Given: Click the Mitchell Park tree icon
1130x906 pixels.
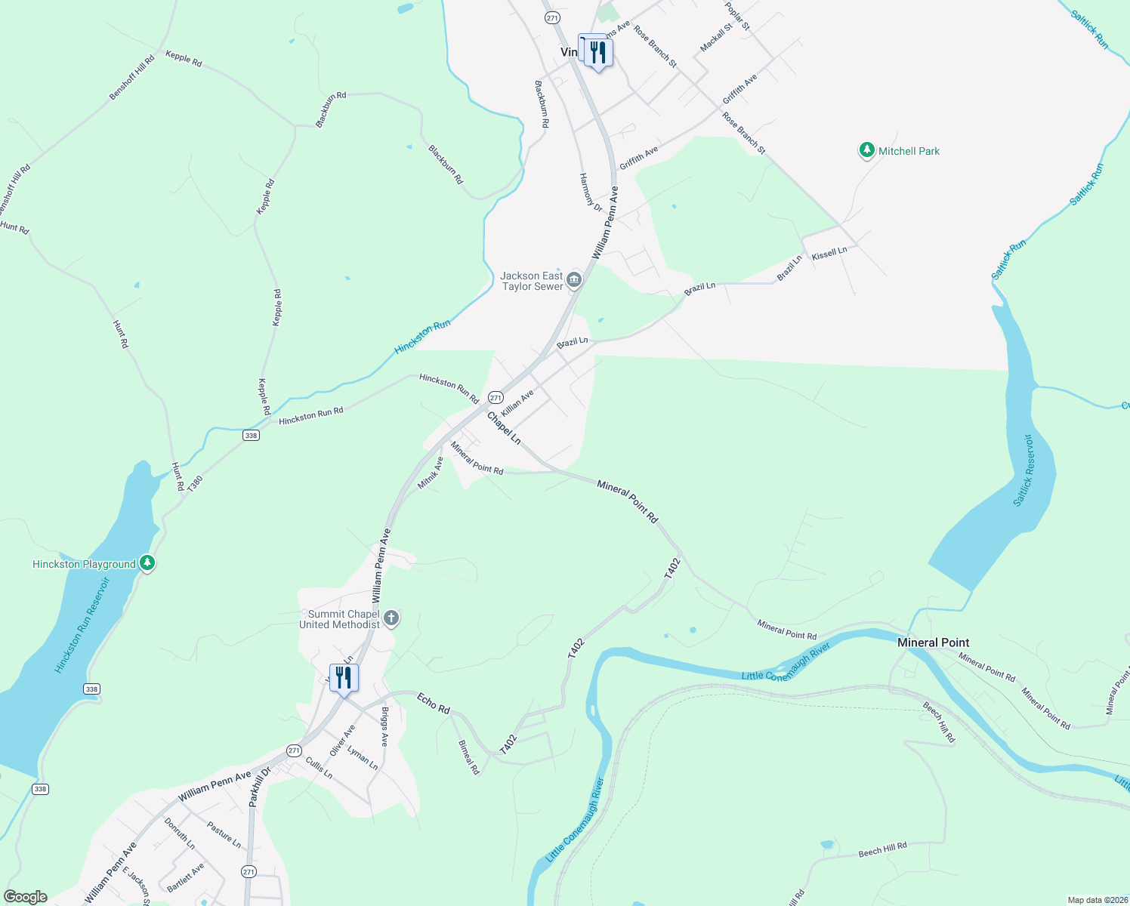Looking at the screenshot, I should click(x=866, y=150).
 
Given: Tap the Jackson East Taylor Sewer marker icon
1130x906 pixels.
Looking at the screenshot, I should click(x=574, y=281).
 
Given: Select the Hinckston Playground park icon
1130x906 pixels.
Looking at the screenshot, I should click(x=147, y=563).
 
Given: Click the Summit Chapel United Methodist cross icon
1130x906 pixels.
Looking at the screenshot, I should click(x=391, y=619).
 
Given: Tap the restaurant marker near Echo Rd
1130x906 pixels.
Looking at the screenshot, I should click(x=344, y=677).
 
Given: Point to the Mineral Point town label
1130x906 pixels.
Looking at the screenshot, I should click(x=933, y=643).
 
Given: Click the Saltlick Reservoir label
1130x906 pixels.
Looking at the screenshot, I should click(x=1027, y=470).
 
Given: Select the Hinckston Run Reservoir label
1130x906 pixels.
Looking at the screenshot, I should click(x=82, y=626).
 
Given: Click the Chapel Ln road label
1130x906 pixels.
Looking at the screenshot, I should click(x=504, y=428).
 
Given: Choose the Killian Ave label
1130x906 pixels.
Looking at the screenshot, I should click(x=517, y=403).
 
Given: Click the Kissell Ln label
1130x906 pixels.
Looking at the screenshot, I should click(x=829, y=254).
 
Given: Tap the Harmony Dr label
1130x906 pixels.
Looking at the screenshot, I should click(x=591, y=193).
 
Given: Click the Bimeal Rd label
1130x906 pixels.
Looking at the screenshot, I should click(x=469, y=757).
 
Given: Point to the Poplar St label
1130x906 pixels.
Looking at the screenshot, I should click(x=737, y=16).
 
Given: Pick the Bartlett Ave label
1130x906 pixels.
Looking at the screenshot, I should click(x=186, y=877).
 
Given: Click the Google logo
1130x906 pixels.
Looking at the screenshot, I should click(x=26, y=897).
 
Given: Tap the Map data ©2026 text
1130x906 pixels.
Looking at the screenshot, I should click(x=1095, y=900).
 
